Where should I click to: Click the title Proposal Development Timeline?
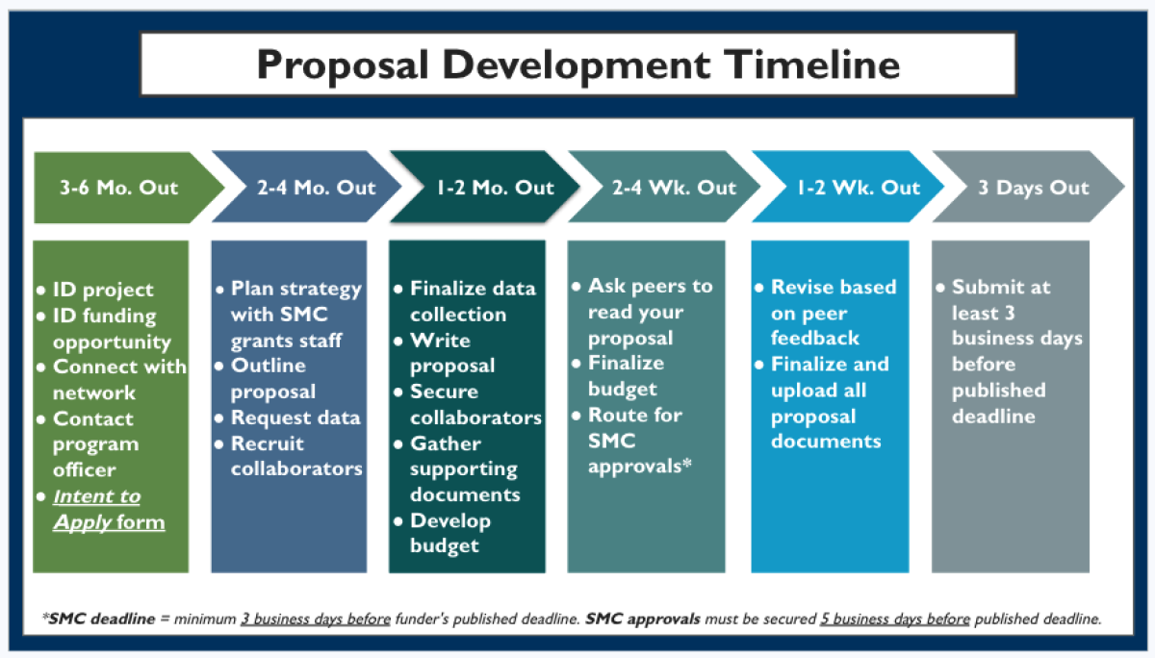pyautogui.click(x=577, y=64)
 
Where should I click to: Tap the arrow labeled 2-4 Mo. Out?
pyautogui.click(x=303, y=187)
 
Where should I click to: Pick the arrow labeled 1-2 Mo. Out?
pyautogui.click(x=481, y=187)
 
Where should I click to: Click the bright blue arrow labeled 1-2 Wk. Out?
pyautogui.click(x=845, y=187)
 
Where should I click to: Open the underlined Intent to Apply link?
pyautogui.click(x=96, y=509)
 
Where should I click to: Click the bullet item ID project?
pyautogui.click(x=102, y=290)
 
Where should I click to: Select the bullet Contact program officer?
pyautogui.click(x=92, y=444)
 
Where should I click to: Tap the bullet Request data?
pyautogui.click(x=295, y=418)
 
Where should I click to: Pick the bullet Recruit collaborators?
pyautogui.click(x=295, y=456)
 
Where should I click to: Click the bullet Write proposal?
pyautogui.click(x=450, y=353)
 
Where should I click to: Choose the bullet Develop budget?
pyautogui.click(x=449, y=533)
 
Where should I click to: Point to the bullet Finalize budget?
pyautogui.click(x=625, y=375)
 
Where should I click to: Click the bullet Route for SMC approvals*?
pyautogui.click(x=634, y=441)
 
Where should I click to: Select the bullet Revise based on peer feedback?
pyautogui.click(x=833, y=312)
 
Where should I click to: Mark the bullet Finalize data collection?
pyautogui.click(x=471, y=301)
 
